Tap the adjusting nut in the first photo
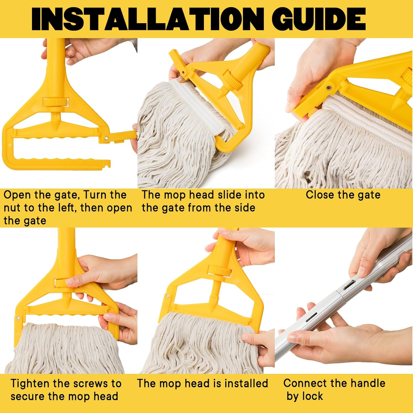(x=55, y=102)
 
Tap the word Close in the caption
(x=320, y=195)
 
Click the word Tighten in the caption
(x=31, y=383)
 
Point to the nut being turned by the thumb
(x=61, y=283)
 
